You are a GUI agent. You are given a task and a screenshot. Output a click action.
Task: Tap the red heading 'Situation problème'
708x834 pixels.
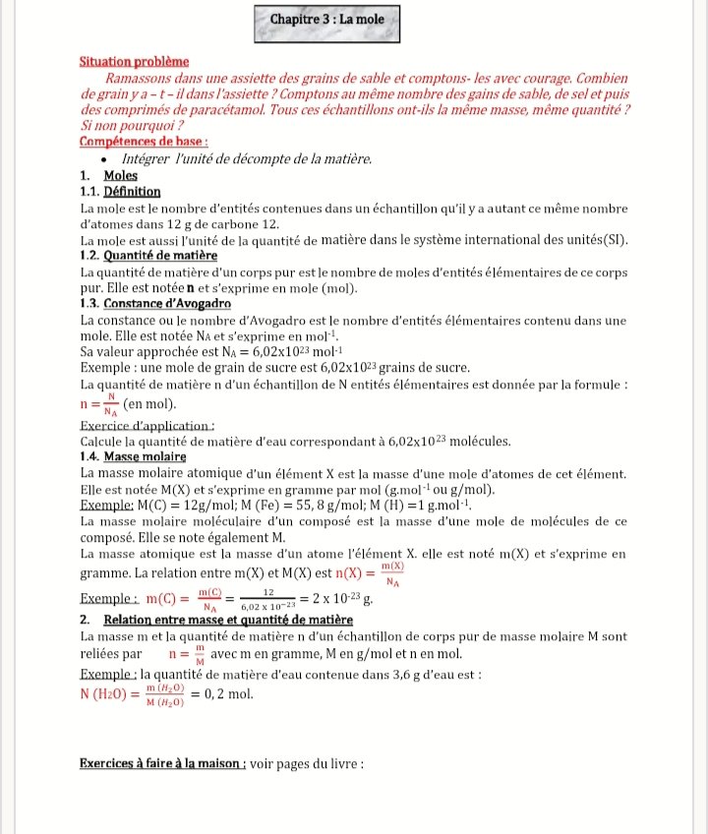point(133,61)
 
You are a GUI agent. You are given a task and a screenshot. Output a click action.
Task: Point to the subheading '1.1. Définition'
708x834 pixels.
point(120,192)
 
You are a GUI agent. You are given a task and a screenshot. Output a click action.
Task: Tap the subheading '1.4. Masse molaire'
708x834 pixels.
point(133,456)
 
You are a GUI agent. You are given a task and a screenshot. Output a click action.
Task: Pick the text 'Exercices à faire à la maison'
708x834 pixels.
point(161,764)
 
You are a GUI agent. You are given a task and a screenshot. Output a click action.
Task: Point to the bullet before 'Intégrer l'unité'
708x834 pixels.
point(104,159)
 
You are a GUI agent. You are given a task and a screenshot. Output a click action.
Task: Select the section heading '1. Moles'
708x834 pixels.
point(108,176)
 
